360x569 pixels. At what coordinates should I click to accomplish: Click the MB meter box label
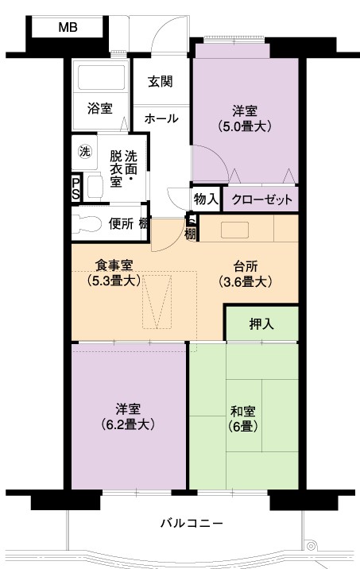[68, 27]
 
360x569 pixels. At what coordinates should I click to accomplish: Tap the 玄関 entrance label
[160, 82]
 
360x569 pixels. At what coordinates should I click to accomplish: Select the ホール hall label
[161, 118]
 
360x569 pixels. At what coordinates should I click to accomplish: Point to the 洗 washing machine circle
[85, 151]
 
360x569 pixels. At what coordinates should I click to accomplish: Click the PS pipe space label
[75, 188]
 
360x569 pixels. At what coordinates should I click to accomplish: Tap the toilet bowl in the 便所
[87, 224]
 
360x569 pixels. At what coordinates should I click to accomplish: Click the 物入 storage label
[206, 199]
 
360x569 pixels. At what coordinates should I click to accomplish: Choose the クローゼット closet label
[261, 199]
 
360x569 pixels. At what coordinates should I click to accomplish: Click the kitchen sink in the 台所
[234, 230]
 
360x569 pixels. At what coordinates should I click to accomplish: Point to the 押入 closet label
[261, 324]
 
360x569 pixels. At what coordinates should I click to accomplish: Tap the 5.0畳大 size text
[245, 126]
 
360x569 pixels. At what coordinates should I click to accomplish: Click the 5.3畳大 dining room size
[114, 281]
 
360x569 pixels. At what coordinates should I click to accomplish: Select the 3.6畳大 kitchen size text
[246, 282]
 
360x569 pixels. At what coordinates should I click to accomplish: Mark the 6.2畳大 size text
[128, 424]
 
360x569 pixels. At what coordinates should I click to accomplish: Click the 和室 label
[243, 411]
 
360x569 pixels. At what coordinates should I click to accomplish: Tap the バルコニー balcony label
[192, 523]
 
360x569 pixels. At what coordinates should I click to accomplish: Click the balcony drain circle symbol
[311, 545]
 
